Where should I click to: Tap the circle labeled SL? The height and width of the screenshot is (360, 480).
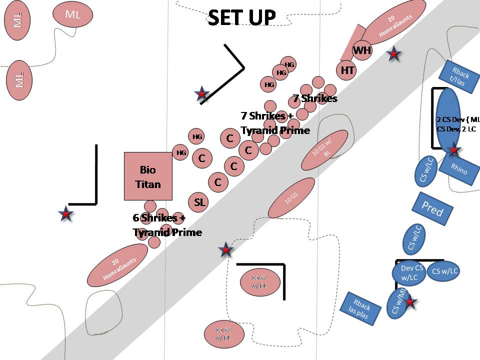pyautogui.click(x=199, y=202)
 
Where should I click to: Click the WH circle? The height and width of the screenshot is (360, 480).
pyautogui.click(x=361, y=50)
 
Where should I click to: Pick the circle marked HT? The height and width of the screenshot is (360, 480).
pyautogui.click(x=347, y=70)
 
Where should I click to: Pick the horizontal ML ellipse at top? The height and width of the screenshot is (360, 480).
pyautogui.click(x=73, y=14)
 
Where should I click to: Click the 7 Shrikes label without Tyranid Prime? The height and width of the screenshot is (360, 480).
pyautogui.click(x=315, y=98)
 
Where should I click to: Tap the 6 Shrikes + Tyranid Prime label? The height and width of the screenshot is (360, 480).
pyautogui.click(x=167, y=225)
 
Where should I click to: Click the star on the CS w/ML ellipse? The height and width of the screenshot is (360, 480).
pyautogui.click(x=410, y=301)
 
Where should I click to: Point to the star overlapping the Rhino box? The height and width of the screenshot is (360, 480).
pyautogui.click(x=454, y=149)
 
